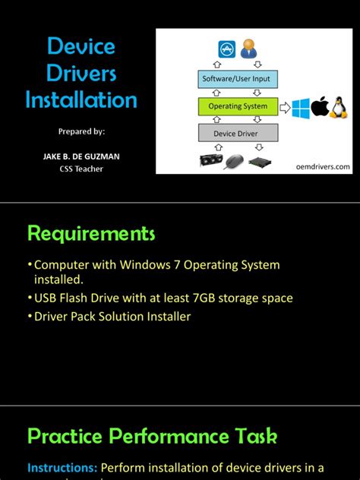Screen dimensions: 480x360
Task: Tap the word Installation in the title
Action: pos(81,99)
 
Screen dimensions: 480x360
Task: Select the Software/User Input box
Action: pos(235,78)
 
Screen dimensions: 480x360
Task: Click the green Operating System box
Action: pos(237,106)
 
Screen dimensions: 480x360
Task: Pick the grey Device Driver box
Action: pos(235,134)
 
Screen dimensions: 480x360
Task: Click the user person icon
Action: pos(248,49)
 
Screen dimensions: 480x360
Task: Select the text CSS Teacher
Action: pos(81,169)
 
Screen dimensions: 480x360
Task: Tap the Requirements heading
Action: pos(91,232)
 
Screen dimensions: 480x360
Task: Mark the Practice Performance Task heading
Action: pos(152,436)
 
